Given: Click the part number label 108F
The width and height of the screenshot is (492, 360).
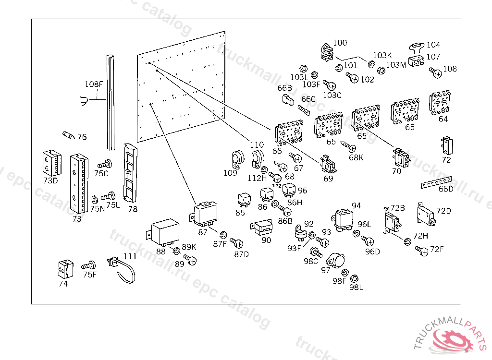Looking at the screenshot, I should pos(94,84).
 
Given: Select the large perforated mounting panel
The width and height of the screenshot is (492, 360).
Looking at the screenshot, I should pos(181,88).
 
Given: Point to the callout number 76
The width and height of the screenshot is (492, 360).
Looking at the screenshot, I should pos(82,137).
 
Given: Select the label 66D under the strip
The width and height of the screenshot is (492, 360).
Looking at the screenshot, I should pos(445,189).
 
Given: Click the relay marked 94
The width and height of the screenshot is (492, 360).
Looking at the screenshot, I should pos(345,220).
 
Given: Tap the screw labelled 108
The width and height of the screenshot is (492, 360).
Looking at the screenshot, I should pos(435,73).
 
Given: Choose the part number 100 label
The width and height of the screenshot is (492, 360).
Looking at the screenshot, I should pos(340,43).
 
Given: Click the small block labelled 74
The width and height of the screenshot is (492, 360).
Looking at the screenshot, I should pos(64,269).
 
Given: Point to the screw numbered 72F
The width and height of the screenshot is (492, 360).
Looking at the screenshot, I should pos(422,250).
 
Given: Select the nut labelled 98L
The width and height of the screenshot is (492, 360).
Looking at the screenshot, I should pos(354,278).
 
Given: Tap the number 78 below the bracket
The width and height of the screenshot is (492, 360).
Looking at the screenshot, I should pos(133,209).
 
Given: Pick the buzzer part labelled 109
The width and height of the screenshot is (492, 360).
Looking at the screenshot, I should pos(236,158).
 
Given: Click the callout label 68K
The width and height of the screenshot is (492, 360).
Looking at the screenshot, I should pos(356,157).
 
